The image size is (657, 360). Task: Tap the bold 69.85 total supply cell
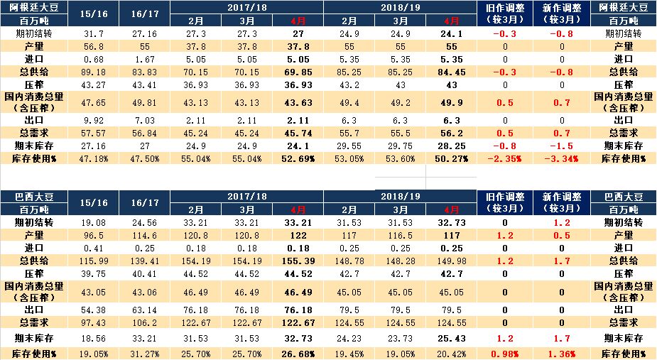point(298,72)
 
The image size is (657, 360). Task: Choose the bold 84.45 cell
point(450,72)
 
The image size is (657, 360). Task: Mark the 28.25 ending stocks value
point(450,146)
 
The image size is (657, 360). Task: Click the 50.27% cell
point(450,158)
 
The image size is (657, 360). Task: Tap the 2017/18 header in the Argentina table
point(247,6)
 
